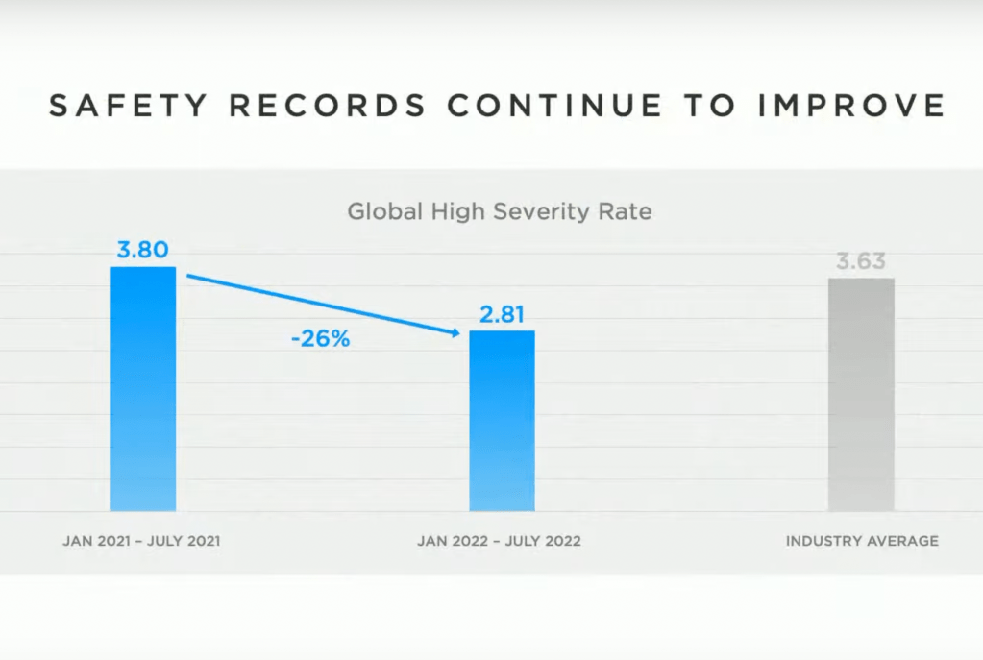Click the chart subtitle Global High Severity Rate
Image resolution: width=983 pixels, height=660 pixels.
click(499, 210)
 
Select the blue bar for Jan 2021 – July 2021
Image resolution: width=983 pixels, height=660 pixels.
click(143, 388)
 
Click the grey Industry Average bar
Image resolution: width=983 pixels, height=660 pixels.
click(861, 394)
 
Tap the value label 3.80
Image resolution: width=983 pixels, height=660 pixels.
click(143, 250)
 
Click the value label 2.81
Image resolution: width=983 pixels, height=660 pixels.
click(502, 314)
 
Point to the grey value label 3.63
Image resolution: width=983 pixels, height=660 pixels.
click(861, 261)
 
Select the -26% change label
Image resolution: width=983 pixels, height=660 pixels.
click(321, 338)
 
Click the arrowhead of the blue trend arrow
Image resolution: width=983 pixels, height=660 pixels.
click(452, 332)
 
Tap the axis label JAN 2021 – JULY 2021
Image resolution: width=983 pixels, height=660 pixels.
click(141, 541)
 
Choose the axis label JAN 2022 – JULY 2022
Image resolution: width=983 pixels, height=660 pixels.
click(499, 541)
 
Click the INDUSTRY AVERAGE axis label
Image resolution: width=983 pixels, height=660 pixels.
click(862, 541)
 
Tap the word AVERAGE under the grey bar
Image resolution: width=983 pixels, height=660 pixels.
click(902, 541)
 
